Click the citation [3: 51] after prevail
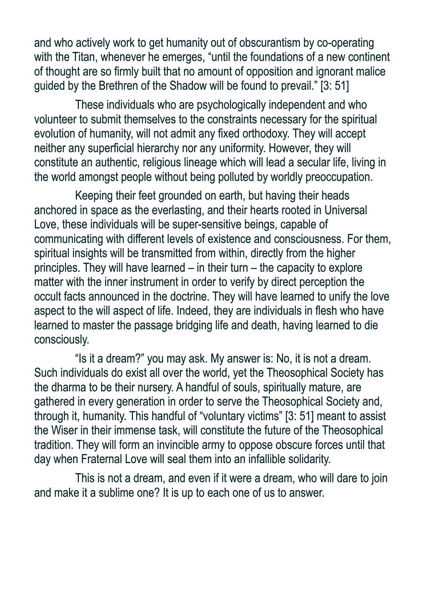point(335,86)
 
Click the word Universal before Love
point(345,210)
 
